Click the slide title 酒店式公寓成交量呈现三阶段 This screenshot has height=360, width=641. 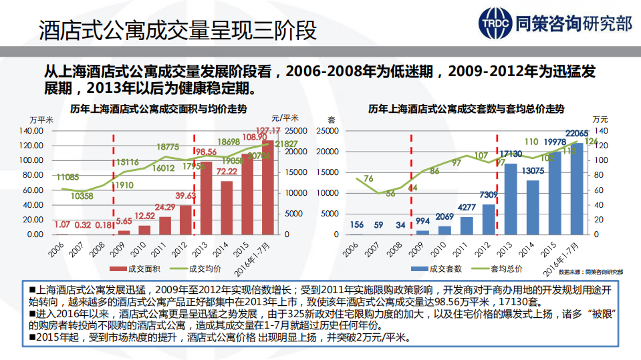pyautogui.click(x=178, y=30)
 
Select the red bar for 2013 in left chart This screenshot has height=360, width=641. pyautogui.click(x=207, y=198)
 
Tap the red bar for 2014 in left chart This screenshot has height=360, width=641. pyautogui.click(x=227, y=208)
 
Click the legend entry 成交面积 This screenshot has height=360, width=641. pyautogui.click(x=136, y=269)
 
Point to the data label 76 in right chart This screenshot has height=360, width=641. pyautogui.click(x=368, y=178)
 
